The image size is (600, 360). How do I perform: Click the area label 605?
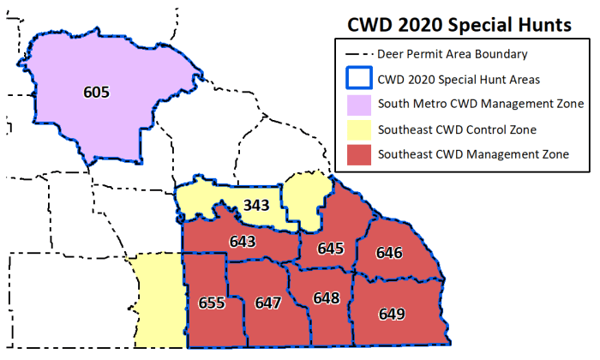click(97, 91)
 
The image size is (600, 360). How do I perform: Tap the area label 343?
click(256, 206)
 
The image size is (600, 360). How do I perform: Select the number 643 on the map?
click(243, 243)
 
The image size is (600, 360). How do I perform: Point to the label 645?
click(330, 249)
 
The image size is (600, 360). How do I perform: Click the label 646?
click(389, 253)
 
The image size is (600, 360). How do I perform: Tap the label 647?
click(268, 303)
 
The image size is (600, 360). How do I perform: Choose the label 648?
click(327, 298)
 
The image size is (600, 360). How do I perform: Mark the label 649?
click(391, 314)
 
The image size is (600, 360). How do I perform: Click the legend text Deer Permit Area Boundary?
click(452, 55)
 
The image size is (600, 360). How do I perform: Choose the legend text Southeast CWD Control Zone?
click(457, 129)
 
